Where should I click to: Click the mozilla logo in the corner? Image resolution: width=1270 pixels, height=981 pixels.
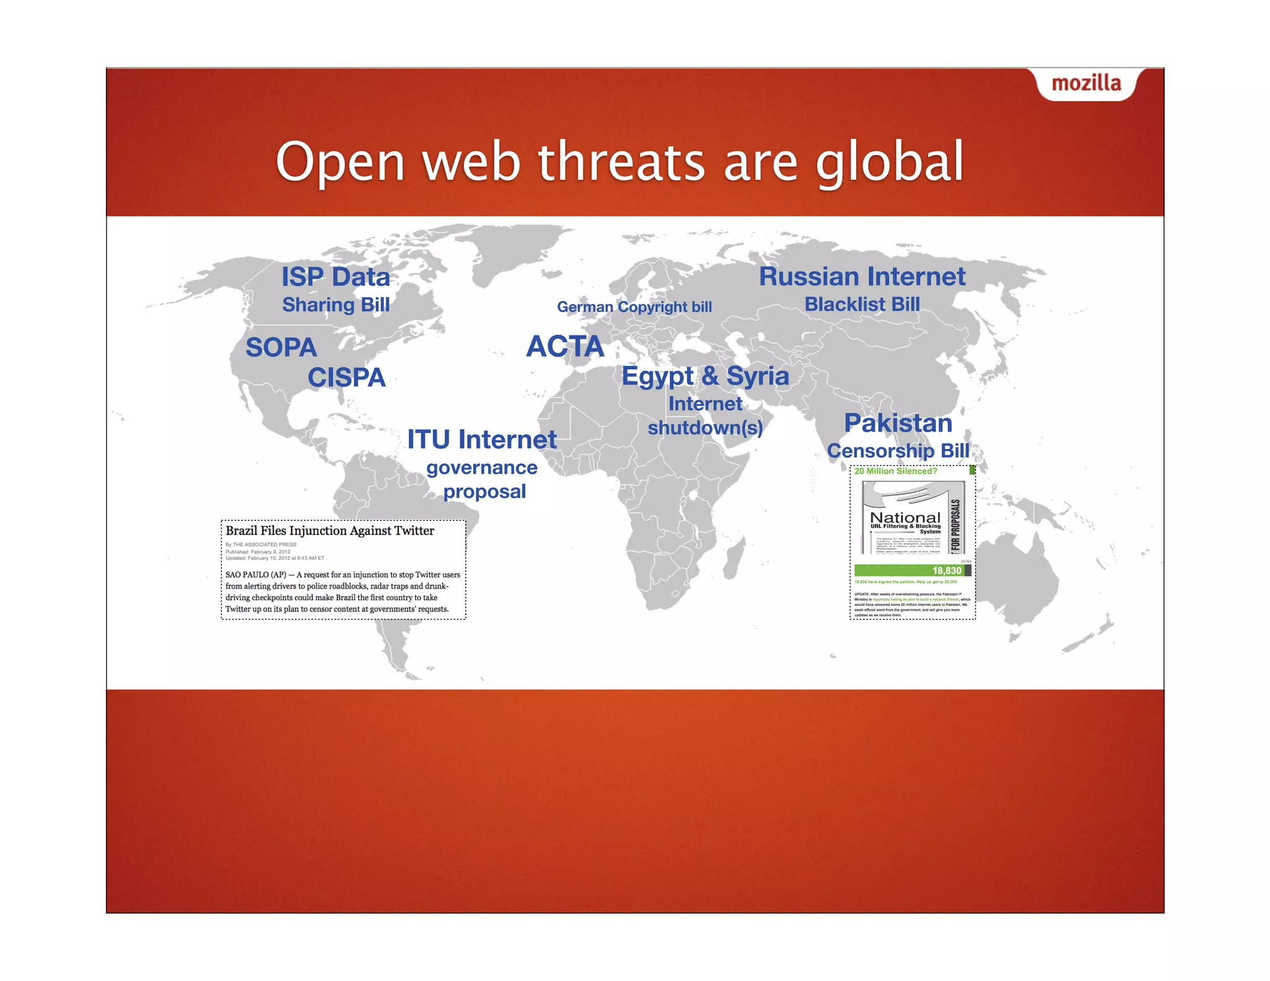pos(1086,83)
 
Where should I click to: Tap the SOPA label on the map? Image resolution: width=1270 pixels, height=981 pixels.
pos(281,347)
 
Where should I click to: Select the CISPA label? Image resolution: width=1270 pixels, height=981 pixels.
pos(347,377)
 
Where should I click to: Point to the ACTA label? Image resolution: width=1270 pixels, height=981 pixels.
pos(565,346)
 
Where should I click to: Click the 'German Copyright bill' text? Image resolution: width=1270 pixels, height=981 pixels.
pos(634,307)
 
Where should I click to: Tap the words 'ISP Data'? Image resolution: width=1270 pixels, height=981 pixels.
pos(335,277)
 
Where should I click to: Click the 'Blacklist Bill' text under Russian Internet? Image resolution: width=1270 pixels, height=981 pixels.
pos(862,304)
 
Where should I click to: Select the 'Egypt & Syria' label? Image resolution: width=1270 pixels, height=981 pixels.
pos(705,376)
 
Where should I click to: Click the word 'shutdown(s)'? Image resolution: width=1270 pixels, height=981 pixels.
pos(705,428)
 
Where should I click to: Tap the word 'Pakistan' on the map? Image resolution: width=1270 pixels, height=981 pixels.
pos(898,423)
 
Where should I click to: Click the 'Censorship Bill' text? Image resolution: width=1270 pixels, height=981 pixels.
pos(898,451)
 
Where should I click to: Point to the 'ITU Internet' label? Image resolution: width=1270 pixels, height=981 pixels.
pos(482,440)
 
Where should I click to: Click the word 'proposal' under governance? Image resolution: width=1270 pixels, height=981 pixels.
pos(484,492)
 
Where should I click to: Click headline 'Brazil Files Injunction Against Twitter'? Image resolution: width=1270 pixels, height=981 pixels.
pos(330,531)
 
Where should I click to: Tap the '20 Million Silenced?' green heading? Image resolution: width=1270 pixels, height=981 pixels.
pos(895,471)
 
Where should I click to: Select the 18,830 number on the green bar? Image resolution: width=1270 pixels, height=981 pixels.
pos(946,570)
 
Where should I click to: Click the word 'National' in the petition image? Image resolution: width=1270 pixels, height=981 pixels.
pos(905,517)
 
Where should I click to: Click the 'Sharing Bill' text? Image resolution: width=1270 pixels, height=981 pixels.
pos(335,305)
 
